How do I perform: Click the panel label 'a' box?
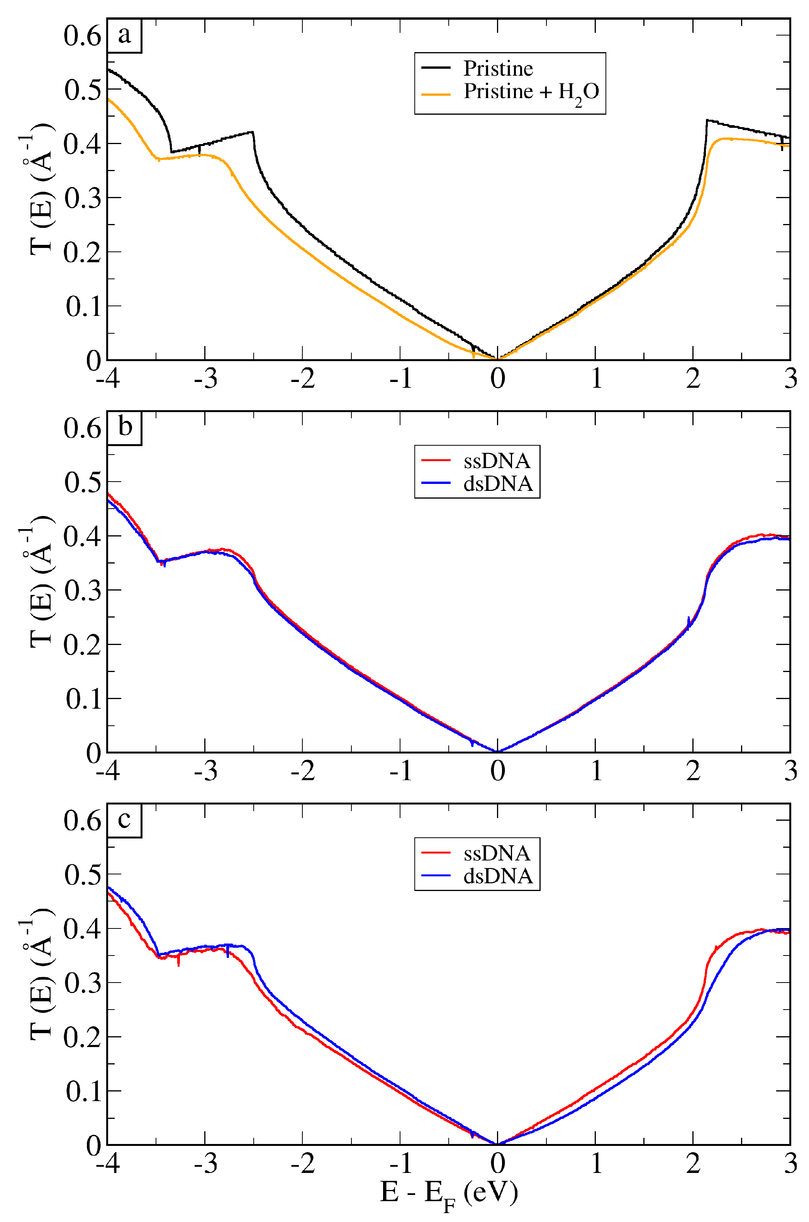[x=124, y=36]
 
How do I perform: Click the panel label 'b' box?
[x=124, y=428]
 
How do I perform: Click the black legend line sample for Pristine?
[x=436, y=68]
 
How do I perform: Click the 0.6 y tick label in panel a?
[x=83, y=36]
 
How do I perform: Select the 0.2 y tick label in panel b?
[x=83, y=645]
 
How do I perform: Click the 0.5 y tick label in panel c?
[x=83, y=874]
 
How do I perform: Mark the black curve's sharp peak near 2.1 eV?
[x=707, y=120]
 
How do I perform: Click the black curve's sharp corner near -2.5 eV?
[x=252, y=132]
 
